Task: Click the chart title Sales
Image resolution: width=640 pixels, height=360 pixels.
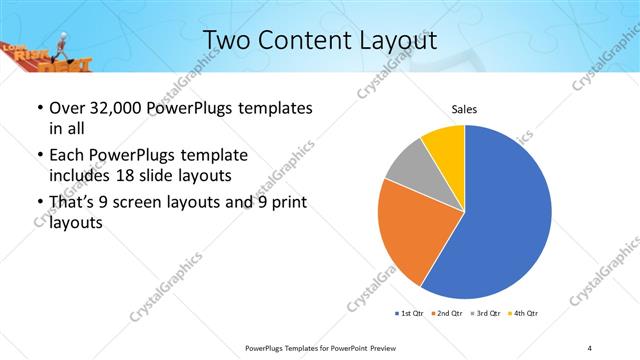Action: [x=465, y=108]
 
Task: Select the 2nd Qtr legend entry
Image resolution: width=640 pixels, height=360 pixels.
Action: [x=447, y=314]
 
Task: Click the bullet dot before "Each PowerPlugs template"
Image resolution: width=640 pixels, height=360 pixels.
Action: [x=38, y=157]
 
